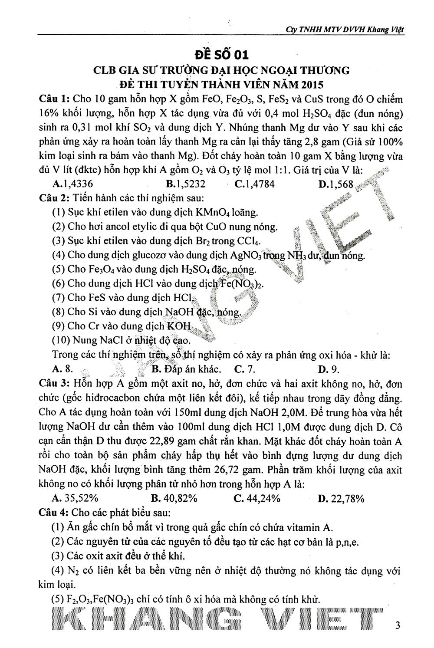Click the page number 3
[x=398, y=625]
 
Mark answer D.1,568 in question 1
[x=336, y=184]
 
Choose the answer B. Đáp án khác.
[x=186, y=370]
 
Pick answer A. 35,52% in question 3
[x=75, y=498]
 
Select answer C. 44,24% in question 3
[x=256, y=498]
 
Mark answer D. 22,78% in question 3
[x=341, y=498]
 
